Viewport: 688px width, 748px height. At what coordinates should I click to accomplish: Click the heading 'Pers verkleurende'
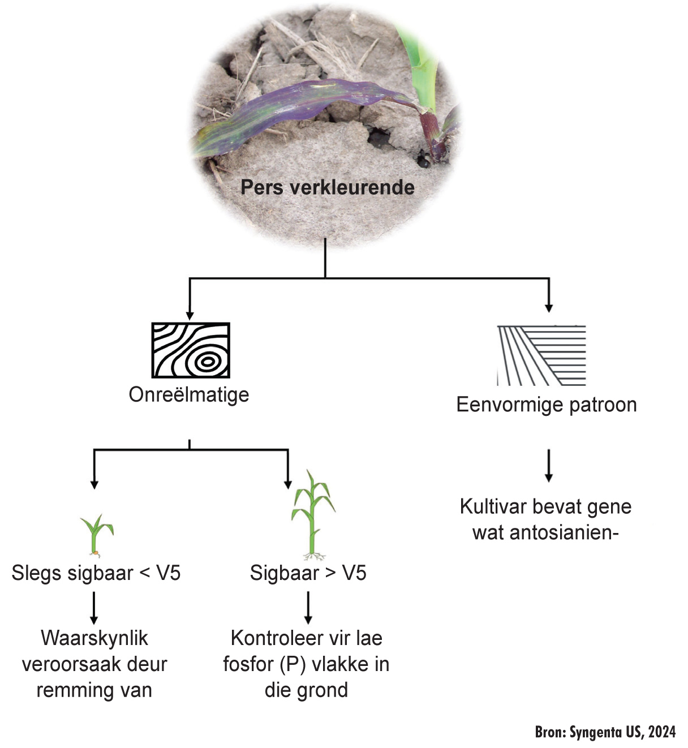pos(327,187)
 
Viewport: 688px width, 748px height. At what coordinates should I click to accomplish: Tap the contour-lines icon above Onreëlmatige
pos(191,350)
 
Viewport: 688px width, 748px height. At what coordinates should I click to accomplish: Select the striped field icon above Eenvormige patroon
pos(541,355)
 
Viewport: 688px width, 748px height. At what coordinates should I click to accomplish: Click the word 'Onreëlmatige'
pos(189,394)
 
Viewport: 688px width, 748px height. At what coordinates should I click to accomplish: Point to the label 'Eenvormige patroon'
pos(547,405)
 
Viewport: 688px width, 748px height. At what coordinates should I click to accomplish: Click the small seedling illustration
pos(97,535)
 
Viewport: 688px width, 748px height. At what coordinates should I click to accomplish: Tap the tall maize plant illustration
pos(312,515)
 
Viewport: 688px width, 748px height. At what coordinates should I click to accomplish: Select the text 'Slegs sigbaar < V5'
pos(96,573)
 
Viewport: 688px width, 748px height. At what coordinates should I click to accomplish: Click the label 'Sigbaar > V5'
pos(308,573)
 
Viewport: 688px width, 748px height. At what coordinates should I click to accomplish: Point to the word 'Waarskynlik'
pos(94,638)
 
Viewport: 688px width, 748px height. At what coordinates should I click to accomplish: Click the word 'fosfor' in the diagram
pos(248,664)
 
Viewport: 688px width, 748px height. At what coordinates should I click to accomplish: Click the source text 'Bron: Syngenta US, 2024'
pos(605,732)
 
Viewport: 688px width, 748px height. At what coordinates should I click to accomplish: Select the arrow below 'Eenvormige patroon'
pos(548,465)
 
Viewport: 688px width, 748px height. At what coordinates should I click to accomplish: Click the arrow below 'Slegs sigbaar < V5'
pos(94,608)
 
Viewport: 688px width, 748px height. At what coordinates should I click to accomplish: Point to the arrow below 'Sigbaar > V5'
pos(308,608)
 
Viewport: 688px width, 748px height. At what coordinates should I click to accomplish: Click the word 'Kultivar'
pos(492,506)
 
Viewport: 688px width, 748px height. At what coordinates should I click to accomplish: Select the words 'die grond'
pos(306,690)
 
